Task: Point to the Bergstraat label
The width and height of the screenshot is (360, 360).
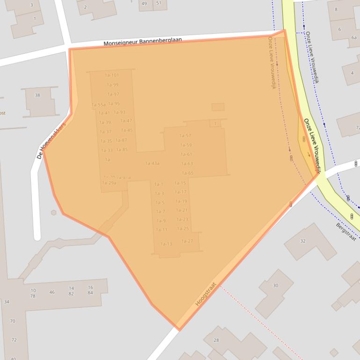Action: click(346, 231)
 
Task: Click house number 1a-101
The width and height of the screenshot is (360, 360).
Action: click(112, 75)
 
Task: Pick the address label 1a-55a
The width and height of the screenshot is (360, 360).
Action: click(99, 105)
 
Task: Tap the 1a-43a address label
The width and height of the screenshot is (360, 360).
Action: click(152, 163)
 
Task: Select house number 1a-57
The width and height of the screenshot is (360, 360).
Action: click(185, 136)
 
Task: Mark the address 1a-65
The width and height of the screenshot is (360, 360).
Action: click(187, 173)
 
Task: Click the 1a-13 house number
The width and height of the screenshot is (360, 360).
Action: click(166, 244)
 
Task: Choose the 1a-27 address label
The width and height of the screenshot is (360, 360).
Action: click(187, 241)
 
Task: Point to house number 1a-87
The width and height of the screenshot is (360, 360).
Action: click(122, 140)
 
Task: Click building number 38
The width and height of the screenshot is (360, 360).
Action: click(37, 95)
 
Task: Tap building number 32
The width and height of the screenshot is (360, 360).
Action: click(302, 241)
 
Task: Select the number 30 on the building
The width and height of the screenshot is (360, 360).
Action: click(275, 285)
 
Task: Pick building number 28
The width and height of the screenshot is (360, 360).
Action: click(216, 340)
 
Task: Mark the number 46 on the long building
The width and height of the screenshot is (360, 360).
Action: click(52, 292)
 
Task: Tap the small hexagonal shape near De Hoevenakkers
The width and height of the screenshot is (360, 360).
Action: click(54, 212)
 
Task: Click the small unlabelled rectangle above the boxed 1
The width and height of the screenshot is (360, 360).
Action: click(218, 107)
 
